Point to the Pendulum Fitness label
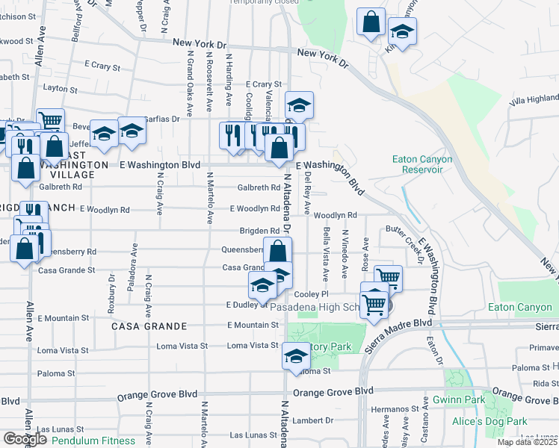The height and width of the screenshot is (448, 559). (87, 441)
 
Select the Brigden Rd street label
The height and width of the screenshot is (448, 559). (259, 231)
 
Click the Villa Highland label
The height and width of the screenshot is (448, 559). (534, 100)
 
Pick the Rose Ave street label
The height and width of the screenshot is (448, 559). (365, 254)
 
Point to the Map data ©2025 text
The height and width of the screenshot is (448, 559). (528, 442)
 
